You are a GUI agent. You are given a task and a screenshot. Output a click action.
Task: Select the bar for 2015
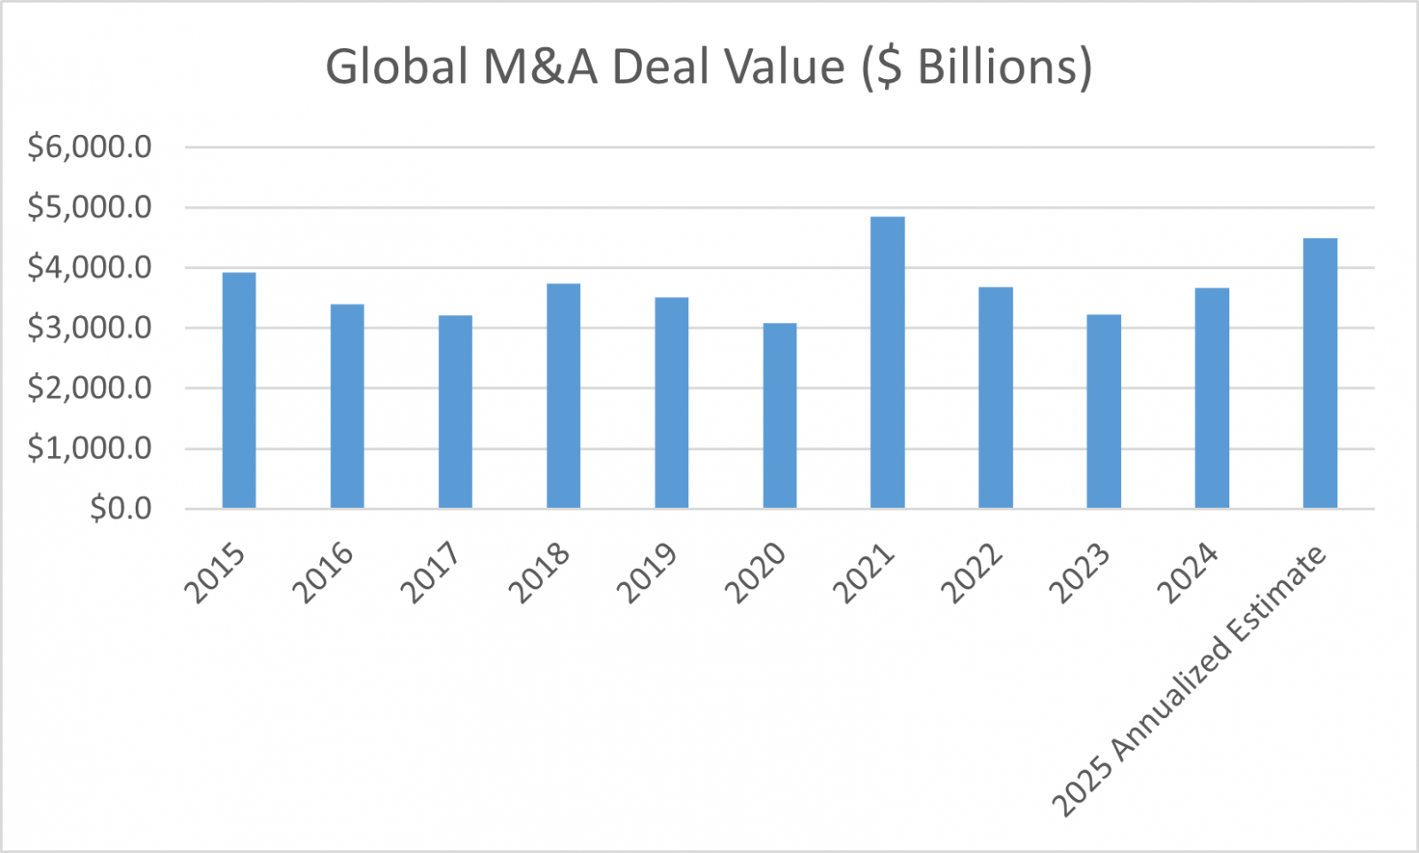coord(239,391)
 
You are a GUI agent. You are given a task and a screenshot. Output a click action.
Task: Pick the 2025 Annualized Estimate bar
coord(1320,373)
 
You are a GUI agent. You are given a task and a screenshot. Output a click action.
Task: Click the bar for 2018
coord(563,396)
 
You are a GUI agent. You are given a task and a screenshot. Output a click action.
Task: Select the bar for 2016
coord(347,407)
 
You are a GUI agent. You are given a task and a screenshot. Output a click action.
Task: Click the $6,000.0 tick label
coord(90,146)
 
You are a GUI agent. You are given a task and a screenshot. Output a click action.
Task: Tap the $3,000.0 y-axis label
coord(90,328)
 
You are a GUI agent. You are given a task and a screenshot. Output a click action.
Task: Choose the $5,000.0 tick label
coord(90,207)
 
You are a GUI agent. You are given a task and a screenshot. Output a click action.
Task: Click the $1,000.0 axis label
coord(90,448)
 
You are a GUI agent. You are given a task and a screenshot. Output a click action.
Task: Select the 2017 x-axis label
coord(430,573)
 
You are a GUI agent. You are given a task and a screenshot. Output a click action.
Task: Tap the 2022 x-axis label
coord(971,573)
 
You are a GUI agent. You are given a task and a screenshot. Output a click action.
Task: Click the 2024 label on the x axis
coord(1188,573)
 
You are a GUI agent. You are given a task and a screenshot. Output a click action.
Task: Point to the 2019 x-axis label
coord(647,573)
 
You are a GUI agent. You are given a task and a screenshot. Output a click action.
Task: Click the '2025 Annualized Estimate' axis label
coord(1188,682)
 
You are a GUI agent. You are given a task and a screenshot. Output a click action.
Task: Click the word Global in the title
coord(396,67)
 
